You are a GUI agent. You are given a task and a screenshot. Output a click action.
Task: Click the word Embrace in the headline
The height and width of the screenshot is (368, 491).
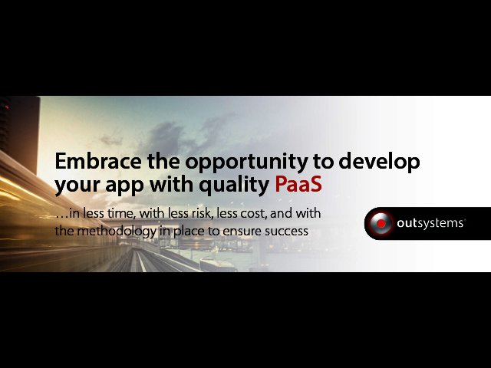(98, 161)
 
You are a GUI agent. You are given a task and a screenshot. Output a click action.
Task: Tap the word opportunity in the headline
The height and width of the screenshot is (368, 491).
(246, 163)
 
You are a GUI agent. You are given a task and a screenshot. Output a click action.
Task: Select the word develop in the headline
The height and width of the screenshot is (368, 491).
(379, 162)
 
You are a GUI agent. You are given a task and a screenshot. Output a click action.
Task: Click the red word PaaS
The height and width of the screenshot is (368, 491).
(298, 184)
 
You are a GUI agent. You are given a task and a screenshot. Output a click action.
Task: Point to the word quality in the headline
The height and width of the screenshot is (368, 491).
(234, 186)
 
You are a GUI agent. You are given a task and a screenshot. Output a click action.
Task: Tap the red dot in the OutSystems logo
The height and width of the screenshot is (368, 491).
(381, 223)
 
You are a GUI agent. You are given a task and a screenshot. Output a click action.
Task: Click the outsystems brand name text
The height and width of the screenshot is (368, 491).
(430, 223)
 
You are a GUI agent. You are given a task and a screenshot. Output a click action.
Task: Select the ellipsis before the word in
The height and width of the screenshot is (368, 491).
(61, 217)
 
